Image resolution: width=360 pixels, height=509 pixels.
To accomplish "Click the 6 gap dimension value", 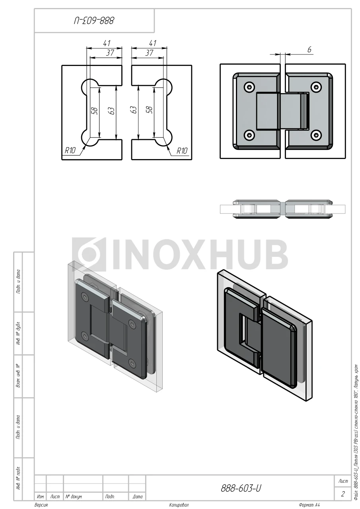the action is (x=309, y=50).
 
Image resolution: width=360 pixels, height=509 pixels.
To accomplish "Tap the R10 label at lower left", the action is (x=70, y=150).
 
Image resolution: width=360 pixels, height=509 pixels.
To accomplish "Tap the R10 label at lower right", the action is (x=182, y=150).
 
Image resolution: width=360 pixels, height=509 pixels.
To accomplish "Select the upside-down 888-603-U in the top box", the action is (x=94, y=21).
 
